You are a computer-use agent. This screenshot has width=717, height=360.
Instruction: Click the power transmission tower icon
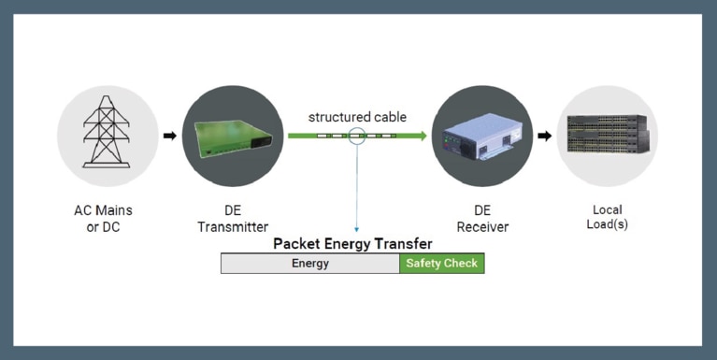tap(107, 131)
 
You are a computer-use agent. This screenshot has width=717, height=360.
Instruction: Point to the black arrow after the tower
tap(169, 136)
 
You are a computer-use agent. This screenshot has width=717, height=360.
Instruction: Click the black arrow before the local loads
tap(544, 136)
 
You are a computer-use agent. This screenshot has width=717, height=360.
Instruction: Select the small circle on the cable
tap(356, 136)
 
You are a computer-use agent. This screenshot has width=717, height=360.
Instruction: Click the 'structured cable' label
tap(357, 117)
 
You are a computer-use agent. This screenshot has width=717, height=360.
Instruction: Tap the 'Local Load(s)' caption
tap(607, 218)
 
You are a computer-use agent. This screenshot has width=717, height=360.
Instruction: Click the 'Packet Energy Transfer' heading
tap(352, 244)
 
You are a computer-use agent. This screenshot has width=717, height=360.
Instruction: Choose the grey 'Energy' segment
tap(309, 264)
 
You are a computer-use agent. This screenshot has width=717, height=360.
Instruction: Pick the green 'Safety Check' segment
tap(441, 264)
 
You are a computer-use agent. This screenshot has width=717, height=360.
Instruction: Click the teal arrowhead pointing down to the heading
tap(356, 229)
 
